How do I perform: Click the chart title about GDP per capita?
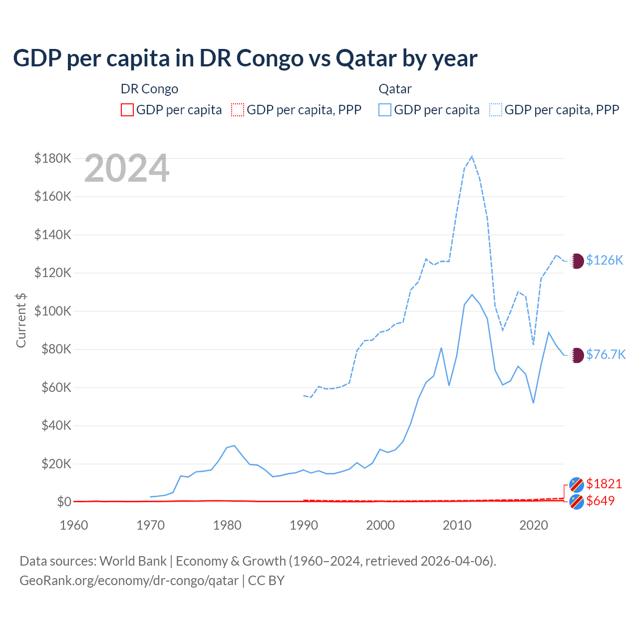click(245, 58)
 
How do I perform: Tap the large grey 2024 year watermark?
click(127, 169)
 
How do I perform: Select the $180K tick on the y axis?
click(53, 158)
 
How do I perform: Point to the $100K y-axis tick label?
click(53, 311)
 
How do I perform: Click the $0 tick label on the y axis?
click(64, 502)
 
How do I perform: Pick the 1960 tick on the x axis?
click(74, 525)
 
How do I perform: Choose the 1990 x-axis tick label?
click(304, 525)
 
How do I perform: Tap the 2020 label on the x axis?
click(534, 525)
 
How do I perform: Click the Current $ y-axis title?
click(21, 320)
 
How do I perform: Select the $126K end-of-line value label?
click(605, 260)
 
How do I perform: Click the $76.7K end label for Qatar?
click(606, 354)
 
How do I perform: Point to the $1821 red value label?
click(604, 484)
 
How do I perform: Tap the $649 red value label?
click(601, 501)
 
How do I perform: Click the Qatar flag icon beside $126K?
click(577, 261)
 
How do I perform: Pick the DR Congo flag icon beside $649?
click(577, 502)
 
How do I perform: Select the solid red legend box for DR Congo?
click(127, 110)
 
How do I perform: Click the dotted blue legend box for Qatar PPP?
click(496, 110)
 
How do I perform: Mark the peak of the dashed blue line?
click(472, 156)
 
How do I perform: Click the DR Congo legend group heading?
click(149, 89)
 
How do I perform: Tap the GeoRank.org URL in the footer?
click(129, 581)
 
